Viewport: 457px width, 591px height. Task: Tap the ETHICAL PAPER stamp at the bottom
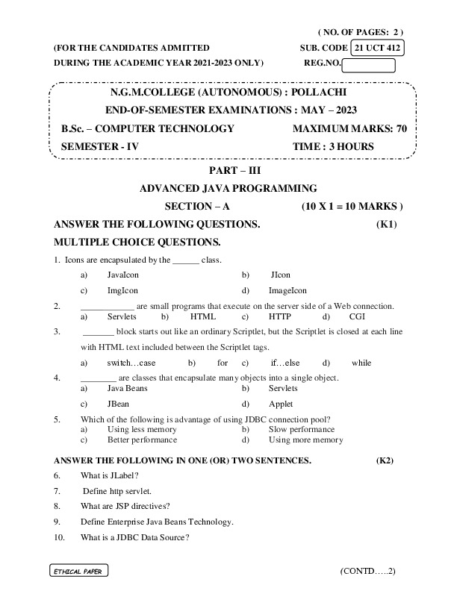78,571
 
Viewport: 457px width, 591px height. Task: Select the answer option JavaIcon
123,275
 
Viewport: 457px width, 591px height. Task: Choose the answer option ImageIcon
287,290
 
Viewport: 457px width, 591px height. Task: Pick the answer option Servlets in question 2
122,316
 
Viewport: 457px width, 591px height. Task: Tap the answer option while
361,363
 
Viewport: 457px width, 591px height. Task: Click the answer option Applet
281,404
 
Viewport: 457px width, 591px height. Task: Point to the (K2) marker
385,460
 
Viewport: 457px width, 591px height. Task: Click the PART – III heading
228,171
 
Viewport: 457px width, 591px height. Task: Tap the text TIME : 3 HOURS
334,147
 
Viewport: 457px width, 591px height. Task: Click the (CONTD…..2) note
367,571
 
